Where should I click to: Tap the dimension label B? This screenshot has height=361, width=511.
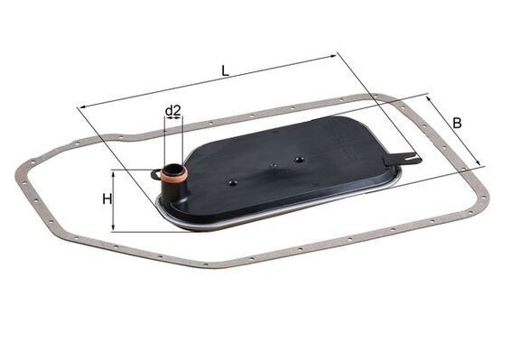[458, 122]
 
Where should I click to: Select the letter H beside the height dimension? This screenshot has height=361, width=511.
[107, 199]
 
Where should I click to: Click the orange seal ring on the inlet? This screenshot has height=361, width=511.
[173, 177]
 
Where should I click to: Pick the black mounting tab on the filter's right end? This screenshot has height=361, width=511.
[402, 159]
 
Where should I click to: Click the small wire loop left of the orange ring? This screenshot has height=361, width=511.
[156, 173]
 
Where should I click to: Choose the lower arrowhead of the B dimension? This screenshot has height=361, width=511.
[480, 164]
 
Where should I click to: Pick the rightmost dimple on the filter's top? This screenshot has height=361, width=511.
[298, 159]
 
